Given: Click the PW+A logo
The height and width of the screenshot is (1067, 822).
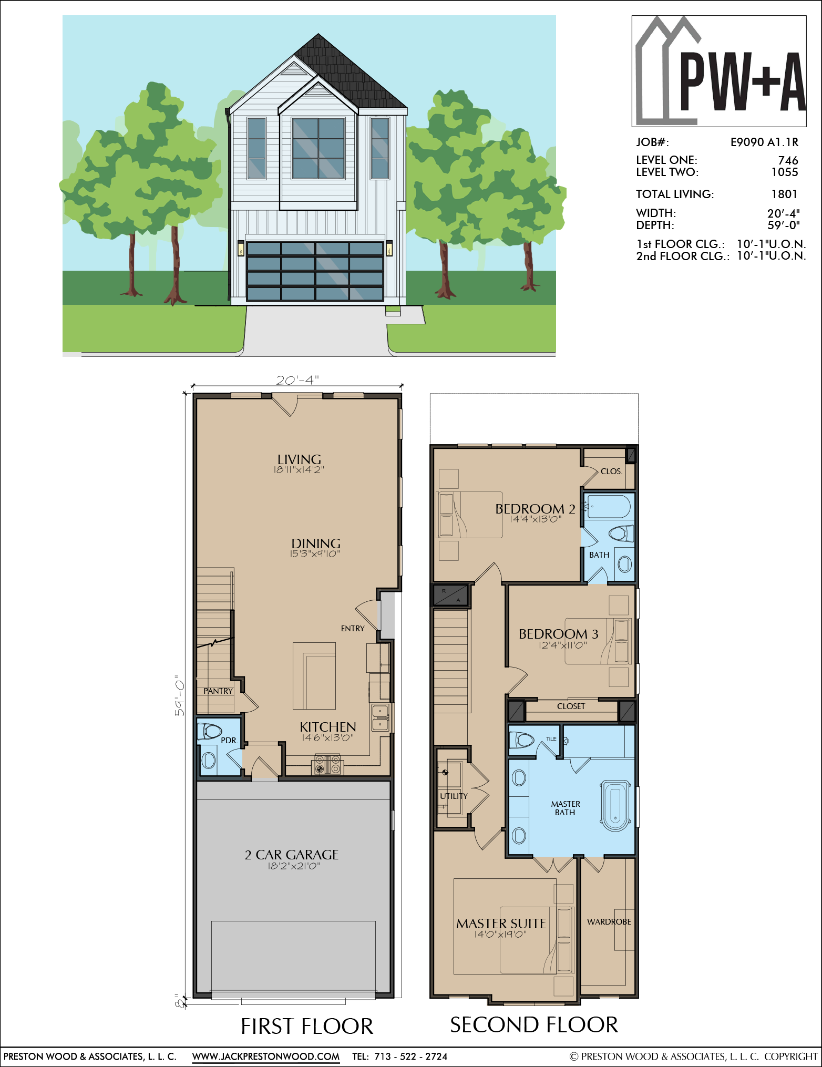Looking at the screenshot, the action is click(x=719, y=71).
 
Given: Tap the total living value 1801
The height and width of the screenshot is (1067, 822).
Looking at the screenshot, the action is click(x=784, y=194).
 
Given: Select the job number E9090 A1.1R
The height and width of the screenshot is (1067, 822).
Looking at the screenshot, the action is click(x=764, y=142).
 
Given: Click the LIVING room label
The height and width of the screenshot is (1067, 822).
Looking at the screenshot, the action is click(x=299, y=459).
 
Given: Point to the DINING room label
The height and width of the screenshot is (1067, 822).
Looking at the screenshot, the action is click(x=316, y=543).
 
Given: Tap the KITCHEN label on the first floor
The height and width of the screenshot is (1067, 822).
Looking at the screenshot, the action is click(x=328, y=727).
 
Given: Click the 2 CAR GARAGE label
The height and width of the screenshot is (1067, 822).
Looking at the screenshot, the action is click(x=292, y=855).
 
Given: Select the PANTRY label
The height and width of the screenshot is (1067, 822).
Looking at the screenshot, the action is click(x=218, y=691).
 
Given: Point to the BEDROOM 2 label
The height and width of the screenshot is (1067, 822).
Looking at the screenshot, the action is click(x=535, y=509).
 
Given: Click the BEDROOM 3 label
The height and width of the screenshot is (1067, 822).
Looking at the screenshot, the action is click(x=558, y=634).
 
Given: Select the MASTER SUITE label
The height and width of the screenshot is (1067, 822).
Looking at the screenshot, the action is click(x=501, y=924).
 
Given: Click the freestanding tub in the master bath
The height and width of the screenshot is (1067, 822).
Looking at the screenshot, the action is click(x=615, y=806).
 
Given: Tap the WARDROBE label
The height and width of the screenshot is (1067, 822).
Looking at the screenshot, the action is click(x=609, y=922).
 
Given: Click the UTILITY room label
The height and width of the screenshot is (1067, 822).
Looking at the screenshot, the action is click(x=454, y=796).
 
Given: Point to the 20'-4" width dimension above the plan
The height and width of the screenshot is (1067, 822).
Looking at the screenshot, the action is click(x=297, y=380).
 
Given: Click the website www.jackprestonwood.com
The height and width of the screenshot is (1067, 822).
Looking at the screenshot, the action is click(x=266, y=1056).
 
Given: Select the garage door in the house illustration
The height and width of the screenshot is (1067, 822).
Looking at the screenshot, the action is click(x=315, y=271).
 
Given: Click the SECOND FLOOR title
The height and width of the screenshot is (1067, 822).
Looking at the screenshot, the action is click(x=534, y=1025).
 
